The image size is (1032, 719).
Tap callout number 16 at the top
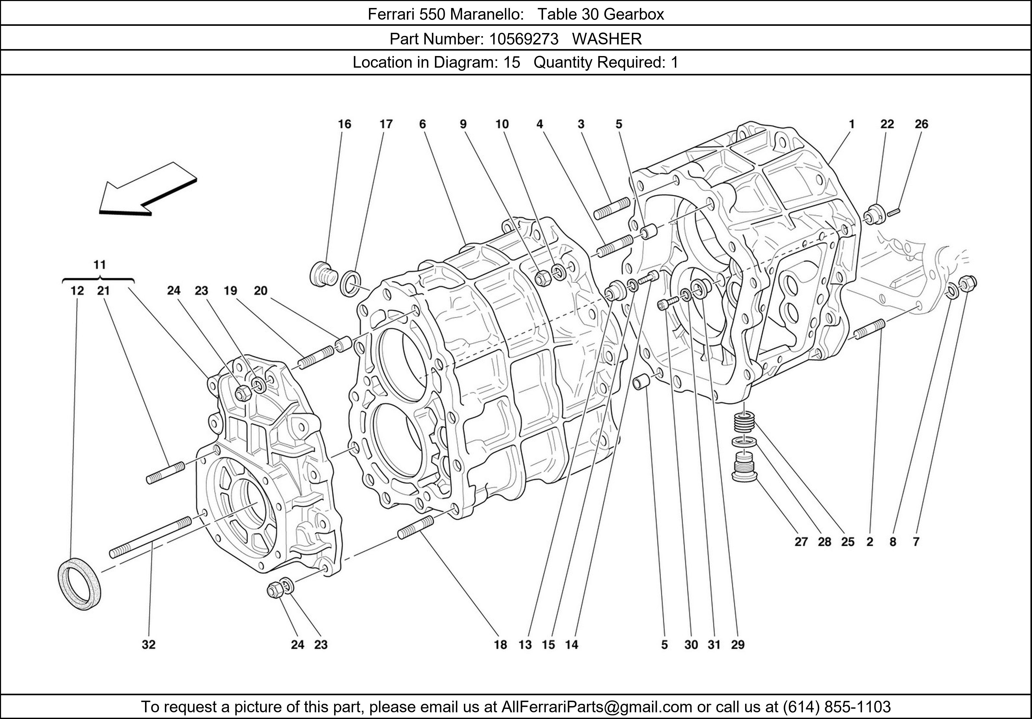pyautogui.click(x=344, y=124)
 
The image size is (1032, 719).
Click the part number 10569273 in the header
pyautogui.click(x=524, y=39)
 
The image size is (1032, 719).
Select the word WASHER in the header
pyautogui.click(x=607, y=39)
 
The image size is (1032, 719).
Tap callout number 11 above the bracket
pyautogui.click(x=99, y=264)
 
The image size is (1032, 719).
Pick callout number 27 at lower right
pyautogui.click(x=801, y=542)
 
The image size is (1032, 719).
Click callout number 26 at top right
pyautogui.click(x=921, y=124)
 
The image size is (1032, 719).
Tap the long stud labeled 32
pyautogui.click(x=151, y=536)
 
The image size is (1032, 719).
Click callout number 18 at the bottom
pyautogui.click(x=500, y=645)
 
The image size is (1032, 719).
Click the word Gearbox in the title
pyautogui.click(x=633, y=14)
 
